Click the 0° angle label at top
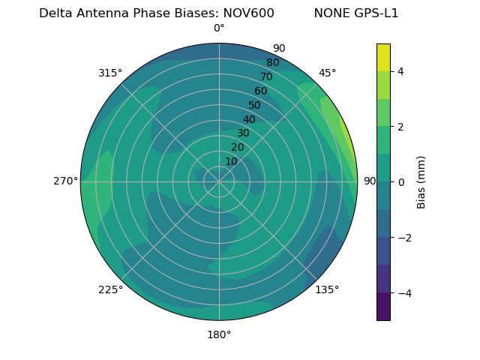(x=219, y=28)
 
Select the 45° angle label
(x=327, y=73)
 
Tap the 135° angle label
(x=327, y=289)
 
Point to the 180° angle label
(x=219, y=334)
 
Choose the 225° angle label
(x=110, y=290)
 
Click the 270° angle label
(x=66, y=181)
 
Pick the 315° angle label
(x=110, y=73)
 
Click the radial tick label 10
(x=231, y=161)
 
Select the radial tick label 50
(x=254, y=106)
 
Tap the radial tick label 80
(x=272, y=63)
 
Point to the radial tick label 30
(x=243, y=133)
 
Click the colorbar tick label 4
(x=400, y=71)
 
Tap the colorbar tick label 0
(x=400, y=182)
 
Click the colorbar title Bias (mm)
(x=421, y=182)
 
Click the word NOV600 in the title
(x=248, y=13)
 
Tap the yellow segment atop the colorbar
(x=383, y=57)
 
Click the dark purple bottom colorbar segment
(x=383, y=307)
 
